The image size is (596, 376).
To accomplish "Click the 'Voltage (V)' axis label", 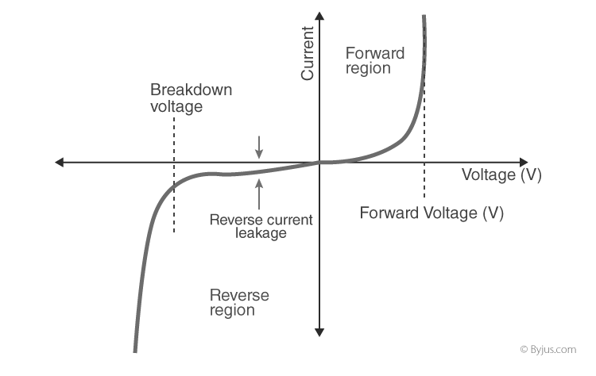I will tap(501, 175).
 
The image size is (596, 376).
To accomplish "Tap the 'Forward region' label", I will tap(374, 61).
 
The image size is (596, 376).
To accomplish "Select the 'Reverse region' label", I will tap(239, 302).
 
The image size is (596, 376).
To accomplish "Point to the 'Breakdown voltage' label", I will tap(191, 98).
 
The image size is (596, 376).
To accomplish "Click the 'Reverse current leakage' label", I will tap(261, 226).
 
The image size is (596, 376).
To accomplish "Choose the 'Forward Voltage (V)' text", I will tap(432, 213).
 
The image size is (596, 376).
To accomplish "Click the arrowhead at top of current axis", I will tap(319, 17).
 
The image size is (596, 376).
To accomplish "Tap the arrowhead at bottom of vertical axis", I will tap(319, 331).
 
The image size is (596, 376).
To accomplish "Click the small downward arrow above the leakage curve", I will tap(258, 148).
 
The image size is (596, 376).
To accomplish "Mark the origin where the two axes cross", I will tap(319, 163).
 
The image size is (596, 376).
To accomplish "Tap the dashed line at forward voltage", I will tap(424, 178).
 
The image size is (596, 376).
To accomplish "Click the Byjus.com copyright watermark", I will tap(548, 349).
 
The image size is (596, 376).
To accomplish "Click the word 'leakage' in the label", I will tap(261, 233).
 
